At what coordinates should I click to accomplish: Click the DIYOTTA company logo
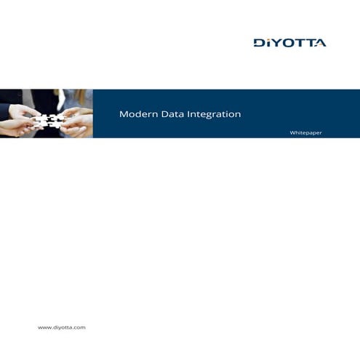(289, 43)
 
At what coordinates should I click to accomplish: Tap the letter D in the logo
(258, 43)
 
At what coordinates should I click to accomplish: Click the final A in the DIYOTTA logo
(320, 43)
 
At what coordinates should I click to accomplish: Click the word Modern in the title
(135, 114)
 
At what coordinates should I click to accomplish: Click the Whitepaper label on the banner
(305, 133)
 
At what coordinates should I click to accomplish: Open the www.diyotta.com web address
(62, 328)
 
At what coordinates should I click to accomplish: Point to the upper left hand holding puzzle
(18, 108)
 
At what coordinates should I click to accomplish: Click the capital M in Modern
(123, 114)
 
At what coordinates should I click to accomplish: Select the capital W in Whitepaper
(292, 133)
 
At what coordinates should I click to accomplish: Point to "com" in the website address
(79, 328)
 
